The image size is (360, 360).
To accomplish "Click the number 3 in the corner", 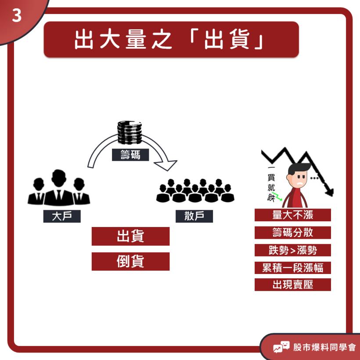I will (x=17, y=16).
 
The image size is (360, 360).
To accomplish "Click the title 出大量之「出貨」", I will (x=171, y=40).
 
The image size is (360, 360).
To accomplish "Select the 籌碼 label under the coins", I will (x=130, y=155).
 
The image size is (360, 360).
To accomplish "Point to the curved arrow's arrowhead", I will (x=167, y=166).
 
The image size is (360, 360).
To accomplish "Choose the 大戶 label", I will (x=62, y=216).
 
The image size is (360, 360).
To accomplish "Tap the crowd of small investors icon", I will (x=195, y=191).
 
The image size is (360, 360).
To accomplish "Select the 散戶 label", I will (x=194, y=216).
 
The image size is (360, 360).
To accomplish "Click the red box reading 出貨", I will (x=130, y=236).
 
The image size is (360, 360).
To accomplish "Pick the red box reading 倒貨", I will (x=130, y=261).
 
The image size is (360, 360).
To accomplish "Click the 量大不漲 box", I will (x=292, y=215).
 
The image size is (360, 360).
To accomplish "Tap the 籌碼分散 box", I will (x=292, y=233).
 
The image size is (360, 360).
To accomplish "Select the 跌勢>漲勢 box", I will (x=292, y=250).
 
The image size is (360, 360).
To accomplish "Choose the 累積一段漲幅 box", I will (x=292, y=268).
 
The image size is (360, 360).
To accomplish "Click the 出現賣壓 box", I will (x=292, y=284).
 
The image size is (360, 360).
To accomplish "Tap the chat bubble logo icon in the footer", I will (x=281, y=347).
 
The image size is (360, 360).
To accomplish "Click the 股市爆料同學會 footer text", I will (x=324, y=347).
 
